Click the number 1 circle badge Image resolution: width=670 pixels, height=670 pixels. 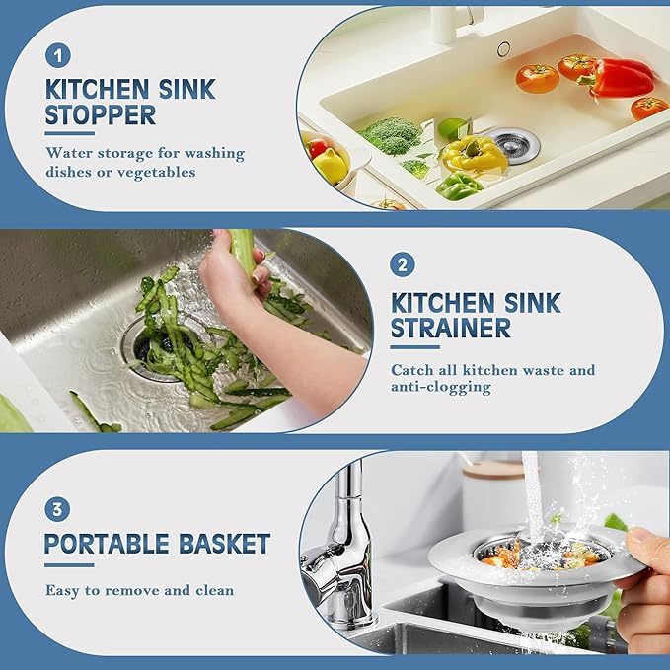point(58,55)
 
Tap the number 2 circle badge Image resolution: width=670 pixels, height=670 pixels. point(403,264)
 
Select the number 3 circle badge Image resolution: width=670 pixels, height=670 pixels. point(57,510)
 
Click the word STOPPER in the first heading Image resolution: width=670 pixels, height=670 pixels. point(100,115)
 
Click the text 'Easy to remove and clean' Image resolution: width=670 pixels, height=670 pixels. point(139,590)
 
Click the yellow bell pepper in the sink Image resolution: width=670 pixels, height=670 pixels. point(473,153)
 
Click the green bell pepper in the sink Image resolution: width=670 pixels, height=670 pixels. point(460,185)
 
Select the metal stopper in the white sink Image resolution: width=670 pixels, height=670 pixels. point(511,142)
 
